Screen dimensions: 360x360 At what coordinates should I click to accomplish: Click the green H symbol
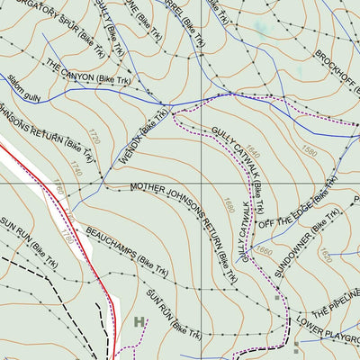click(x=139, y=321)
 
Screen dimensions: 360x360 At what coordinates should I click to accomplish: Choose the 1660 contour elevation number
click(x=264, y=249)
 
